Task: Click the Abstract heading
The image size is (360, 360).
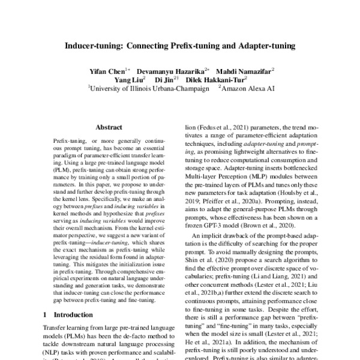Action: pos(109,127)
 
